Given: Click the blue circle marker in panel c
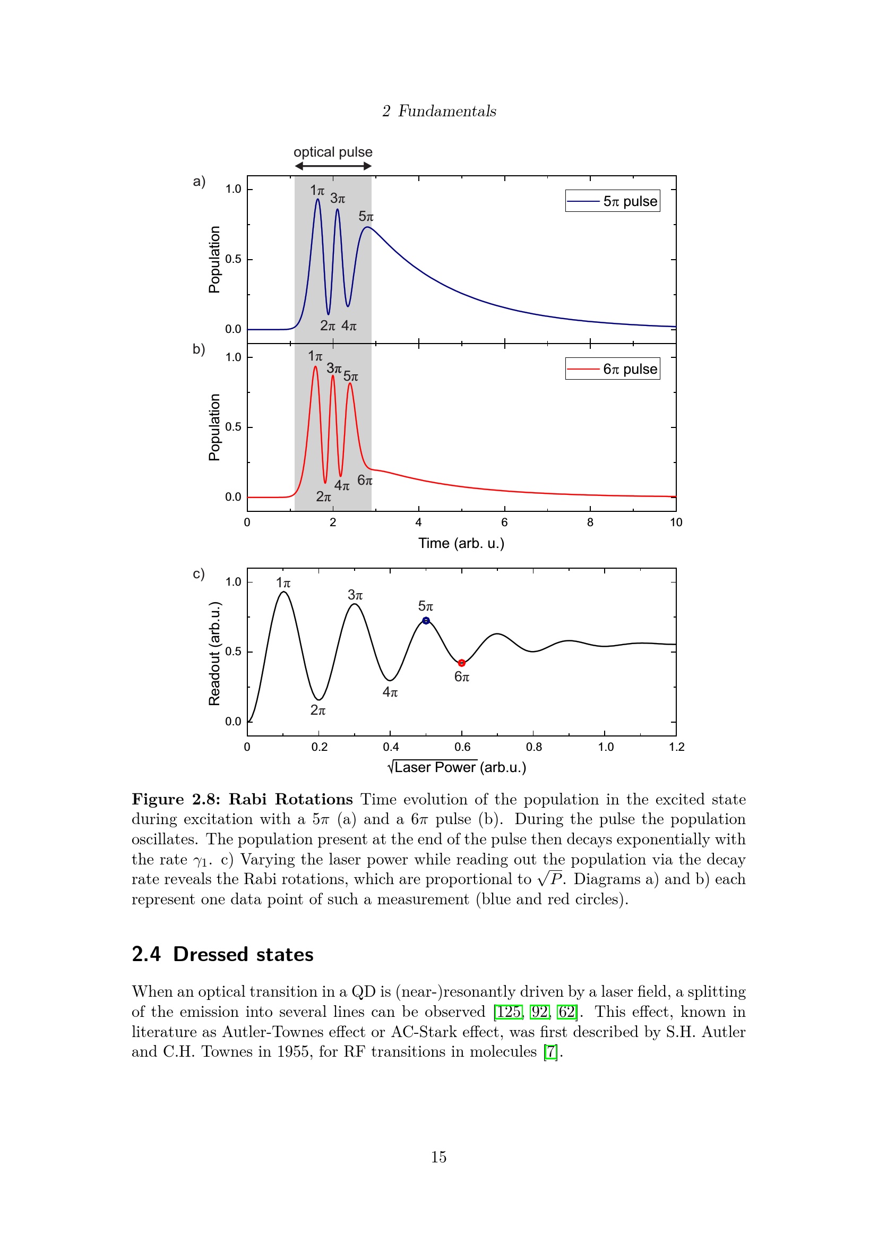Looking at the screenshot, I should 426,620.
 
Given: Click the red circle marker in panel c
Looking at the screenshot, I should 462,663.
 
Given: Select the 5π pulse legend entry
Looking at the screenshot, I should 613,201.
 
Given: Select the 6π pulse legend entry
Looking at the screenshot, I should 613,369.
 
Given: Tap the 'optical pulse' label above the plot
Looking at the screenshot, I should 333,152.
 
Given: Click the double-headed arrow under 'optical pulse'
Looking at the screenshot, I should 333,166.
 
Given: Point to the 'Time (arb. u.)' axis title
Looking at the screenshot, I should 461,543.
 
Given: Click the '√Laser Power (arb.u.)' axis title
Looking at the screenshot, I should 457,767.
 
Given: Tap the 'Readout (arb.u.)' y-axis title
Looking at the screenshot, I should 214,654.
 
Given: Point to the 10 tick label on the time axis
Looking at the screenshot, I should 676,522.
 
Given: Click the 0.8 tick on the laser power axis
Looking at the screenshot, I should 533,747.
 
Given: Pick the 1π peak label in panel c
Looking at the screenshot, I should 283,583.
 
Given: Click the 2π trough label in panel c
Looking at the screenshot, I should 318,710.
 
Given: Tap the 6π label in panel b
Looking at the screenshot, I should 365,481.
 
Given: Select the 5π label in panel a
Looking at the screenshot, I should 366,216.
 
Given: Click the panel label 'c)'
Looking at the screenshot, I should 199,573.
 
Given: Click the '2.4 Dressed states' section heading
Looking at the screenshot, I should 222,954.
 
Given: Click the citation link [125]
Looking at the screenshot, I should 508,1012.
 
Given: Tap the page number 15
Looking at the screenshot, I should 438,1157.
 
